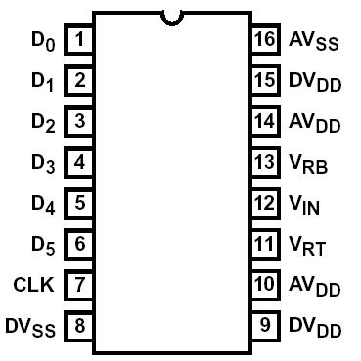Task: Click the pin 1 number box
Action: [79, 40]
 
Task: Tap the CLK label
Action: [36, 285]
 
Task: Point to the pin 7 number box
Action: [79, 285]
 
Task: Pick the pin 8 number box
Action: [79, 325]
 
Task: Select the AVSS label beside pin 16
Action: [312, 42]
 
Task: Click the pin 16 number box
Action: [264, 40]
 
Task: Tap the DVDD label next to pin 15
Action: [314, 83]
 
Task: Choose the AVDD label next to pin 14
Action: [314, 124]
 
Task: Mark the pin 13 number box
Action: [264, 162]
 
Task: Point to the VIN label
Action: [305, 205]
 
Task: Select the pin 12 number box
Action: [264, 203]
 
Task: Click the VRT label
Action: [307, 246]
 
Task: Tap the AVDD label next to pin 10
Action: [314, 287]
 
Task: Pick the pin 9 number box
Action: [264, 325]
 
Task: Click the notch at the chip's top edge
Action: [172, 16]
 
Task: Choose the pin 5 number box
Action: [79, 203]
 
